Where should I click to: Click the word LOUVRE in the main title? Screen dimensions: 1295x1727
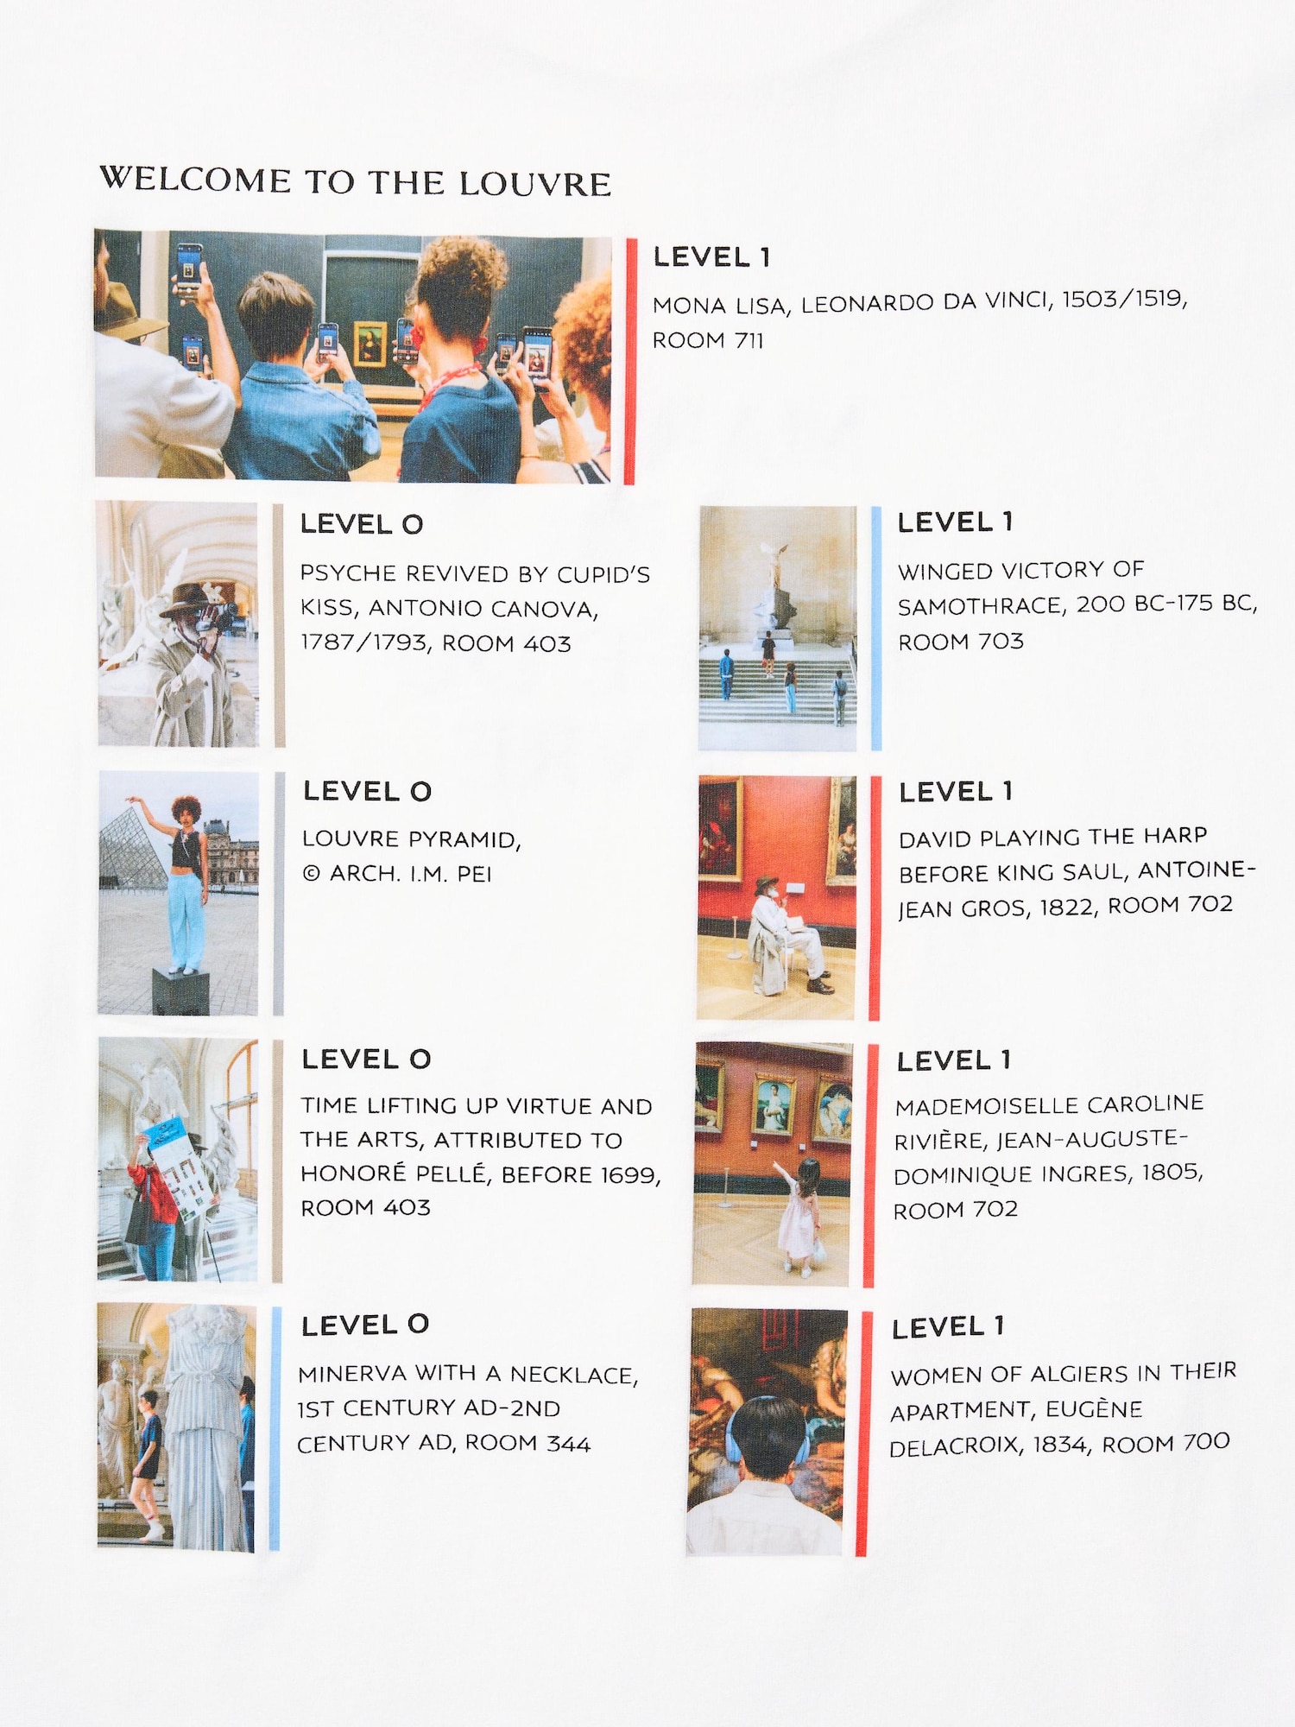535,184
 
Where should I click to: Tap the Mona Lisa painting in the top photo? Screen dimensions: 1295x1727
371,343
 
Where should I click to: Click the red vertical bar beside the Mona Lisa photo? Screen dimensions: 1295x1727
631,361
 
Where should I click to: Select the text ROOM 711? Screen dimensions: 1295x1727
708,340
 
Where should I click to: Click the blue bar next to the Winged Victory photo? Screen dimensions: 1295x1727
877,628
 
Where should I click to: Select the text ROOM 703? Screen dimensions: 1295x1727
961,642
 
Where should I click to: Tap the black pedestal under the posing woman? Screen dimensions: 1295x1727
180,991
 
